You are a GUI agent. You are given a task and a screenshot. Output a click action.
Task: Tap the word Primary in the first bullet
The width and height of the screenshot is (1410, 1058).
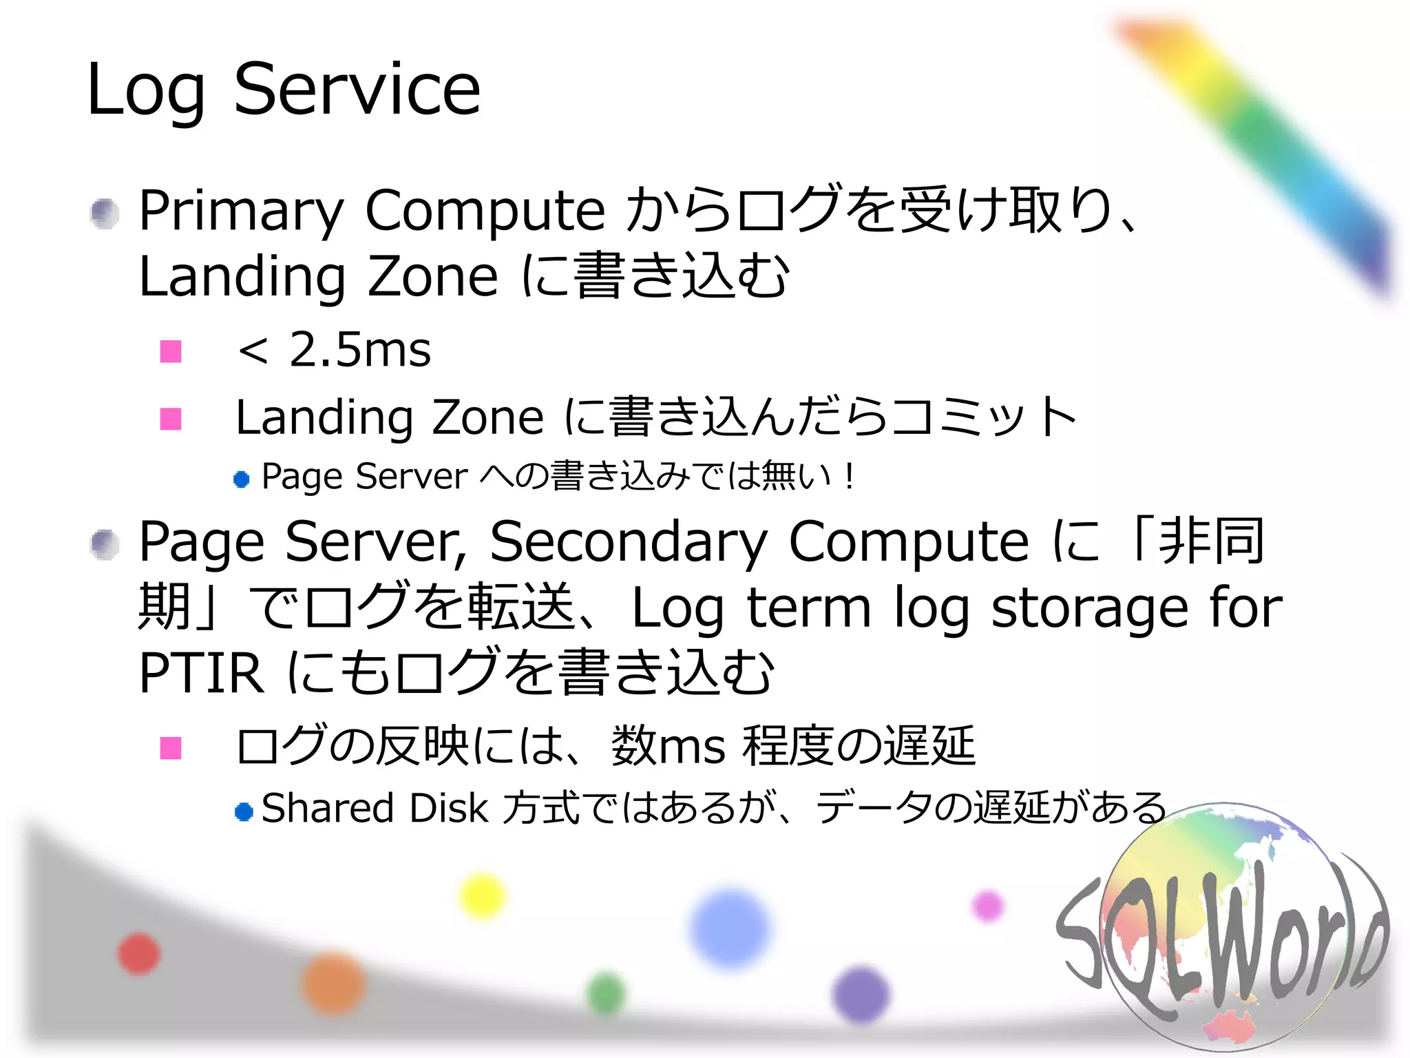[241, 210]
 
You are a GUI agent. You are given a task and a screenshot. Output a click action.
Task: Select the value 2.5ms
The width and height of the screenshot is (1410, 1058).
[359, 350]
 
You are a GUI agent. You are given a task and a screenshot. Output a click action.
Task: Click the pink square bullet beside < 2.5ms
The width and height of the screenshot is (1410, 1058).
[171, 351]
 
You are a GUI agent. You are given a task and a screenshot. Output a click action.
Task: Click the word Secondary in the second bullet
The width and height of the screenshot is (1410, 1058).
[628, 542]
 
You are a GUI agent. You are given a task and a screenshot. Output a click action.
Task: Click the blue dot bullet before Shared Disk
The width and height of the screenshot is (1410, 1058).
[244, 811]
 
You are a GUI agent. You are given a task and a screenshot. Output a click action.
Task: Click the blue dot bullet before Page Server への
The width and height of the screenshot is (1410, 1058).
[242, 479]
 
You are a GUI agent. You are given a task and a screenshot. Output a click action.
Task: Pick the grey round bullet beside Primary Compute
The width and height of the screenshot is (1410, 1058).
[105, 214]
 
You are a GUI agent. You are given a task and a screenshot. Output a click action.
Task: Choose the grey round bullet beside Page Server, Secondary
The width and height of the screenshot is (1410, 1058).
[105, 545]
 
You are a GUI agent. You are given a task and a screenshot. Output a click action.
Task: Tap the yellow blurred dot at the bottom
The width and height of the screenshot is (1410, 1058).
[483, 895]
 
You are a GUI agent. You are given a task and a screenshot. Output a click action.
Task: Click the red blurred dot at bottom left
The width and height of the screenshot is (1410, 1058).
[139, 954]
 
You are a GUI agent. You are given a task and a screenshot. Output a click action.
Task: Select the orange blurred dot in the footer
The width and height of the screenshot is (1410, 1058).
[334, 983]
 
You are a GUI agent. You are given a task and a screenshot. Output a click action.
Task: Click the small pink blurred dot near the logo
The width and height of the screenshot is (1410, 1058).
[989, 906]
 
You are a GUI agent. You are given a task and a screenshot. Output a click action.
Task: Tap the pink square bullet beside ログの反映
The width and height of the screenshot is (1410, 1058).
[171, 748]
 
